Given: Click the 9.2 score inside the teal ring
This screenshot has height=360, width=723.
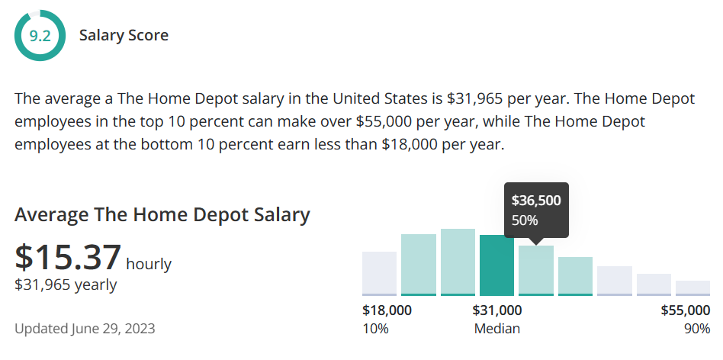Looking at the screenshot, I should pos(40,35).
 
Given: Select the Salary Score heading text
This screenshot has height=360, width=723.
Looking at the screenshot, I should pos(124,35).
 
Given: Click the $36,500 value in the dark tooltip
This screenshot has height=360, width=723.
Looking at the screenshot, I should pos(536,201).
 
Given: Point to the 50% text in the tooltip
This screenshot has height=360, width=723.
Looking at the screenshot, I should pos(525,220).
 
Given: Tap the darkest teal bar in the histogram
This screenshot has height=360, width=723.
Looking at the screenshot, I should pos(496,265).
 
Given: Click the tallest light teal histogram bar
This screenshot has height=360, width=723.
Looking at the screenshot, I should pos(458,262).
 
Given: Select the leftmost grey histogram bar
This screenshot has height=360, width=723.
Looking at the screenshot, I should pos(379,273).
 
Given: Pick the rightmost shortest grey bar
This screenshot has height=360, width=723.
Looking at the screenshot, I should pos(692,288).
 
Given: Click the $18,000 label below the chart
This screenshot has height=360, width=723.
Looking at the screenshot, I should pos(387,310).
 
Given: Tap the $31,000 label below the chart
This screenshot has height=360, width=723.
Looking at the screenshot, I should pos(496,310).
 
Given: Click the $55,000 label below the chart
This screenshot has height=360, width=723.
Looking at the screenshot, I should pos(685,310).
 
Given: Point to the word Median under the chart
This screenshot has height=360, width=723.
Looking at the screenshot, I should pos(496,329).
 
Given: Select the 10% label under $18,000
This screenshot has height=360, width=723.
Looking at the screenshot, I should pos(375,329).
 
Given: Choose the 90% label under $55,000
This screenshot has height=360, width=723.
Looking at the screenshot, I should pos(697,329).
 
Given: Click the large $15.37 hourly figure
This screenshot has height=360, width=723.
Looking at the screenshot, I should pos(68,257).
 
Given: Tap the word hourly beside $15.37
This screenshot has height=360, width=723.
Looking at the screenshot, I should pos(149,265).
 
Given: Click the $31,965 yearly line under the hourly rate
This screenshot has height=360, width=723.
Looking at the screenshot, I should pos(66,284).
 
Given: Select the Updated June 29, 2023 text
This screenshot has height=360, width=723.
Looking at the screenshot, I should pos(85,329).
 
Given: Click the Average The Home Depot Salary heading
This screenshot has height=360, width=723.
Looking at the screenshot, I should pos(162,214).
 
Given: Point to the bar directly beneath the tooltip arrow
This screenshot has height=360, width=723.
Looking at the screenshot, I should pos(536,270).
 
